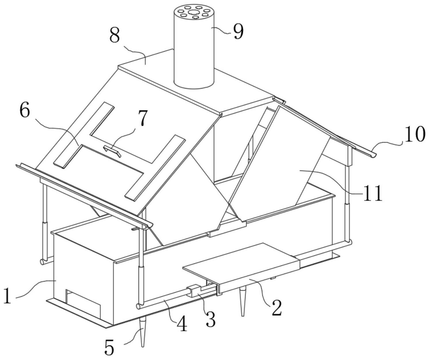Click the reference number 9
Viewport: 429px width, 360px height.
238,31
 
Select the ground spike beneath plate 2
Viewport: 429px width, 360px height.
243,302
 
